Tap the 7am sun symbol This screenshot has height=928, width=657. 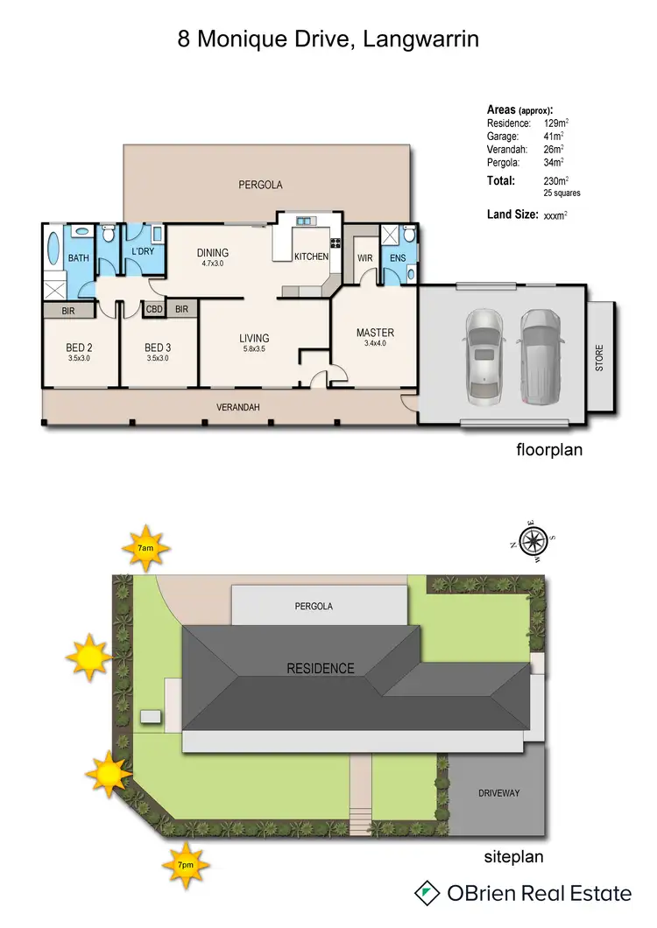point(146,547)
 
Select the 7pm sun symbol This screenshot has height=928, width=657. point(185,864)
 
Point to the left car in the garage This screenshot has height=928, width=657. point(484,355)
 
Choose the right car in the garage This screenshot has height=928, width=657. point(537,355)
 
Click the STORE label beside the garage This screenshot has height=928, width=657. point(600,357)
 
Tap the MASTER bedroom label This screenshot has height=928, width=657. point(375,333)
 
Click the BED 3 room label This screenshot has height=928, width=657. point(158,348)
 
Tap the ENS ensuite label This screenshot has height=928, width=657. point(397,258)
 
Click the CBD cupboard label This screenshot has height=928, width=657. point(153,309)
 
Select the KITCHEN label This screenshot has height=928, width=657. point(311,257)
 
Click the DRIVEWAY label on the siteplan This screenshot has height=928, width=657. point(499,793)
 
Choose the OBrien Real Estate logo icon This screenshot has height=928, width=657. point(427,893)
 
